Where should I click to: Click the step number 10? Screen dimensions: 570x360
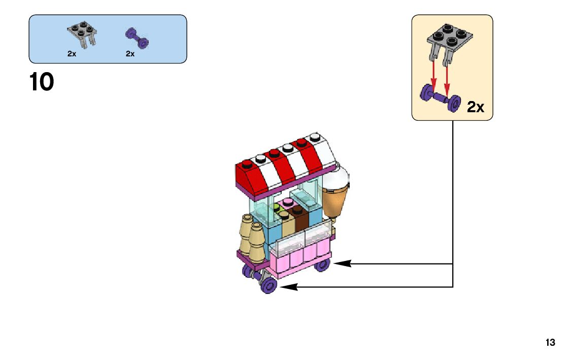(x=42, y=83)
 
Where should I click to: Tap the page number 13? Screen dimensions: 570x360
(x=550, y=343)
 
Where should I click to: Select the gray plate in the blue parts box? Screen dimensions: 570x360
(x=82, y=33)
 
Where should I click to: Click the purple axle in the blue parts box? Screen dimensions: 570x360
(x=137, y=37)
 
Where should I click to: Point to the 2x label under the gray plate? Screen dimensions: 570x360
(x=72, y=54)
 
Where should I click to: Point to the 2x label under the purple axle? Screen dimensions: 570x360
(x=130, y=54)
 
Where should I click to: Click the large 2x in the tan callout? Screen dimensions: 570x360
(x=476, y=107)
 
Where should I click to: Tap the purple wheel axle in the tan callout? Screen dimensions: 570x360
(x=440, y=97)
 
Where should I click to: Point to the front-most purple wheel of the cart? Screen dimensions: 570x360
(x=269, y=286)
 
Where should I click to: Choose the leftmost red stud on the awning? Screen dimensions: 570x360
(x=247, y=163)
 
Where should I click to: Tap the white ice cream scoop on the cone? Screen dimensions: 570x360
(x=337, y=178)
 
